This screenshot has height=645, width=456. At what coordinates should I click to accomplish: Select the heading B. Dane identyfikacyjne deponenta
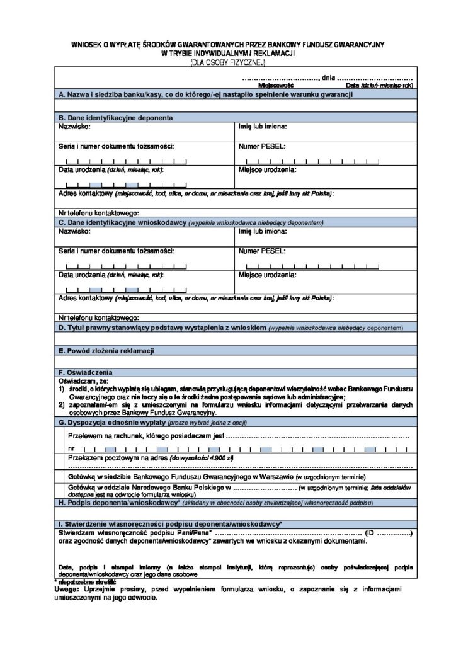click(x=116, y=118)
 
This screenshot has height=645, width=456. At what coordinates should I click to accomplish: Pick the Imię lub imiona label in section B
click(x=263, y=127)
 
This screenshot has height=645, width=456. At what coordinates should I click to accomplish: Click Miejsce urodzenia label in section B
click(x=267, y=170)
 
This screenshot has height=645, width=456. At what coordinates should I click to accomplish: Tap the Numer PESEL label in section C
click(x=262, y=251)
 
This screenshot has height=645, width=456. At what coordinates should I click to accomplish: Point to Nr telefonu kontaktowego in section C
click(x=99, y=317)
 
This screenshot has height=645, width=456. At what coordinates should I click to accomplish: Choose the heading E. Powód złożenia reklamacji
click(x=106, y=350)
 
